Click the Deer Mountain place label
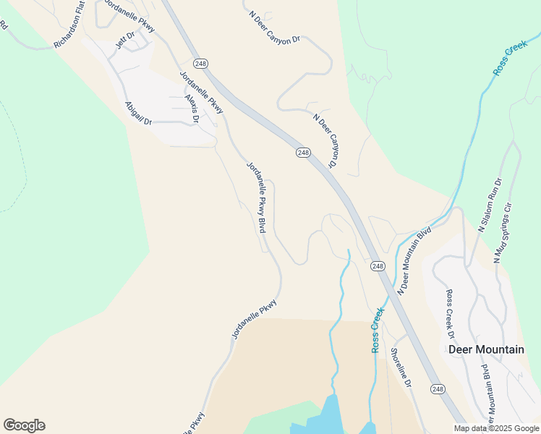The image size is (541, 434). tap(486, 349)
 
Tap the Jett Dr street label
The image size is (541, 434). tap(125, 40)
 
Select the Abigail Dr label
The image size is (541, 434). tap(137, 113)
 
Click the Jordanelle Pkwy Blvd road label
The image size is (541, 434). tap(257, 196)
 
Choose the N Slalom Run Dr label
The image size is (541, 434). tap(490, 205)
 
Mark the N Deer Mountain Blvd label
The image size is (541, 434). tap(415, 260)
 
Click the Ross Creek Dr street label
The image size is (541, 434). tap(450, 314)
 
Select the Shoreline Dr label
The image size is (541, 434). tap(401, 367)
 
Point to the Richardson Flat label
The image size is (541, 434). tap(69, 25)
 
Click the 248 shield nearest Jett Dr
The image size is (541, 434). tap(201, 64)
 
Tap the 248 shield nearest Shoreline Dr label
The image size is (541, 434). tap(438, 389)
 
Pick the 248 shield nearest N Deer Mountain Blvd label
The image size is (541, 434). tap(378, 266)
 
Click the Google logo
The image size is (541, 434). tap(24, 425)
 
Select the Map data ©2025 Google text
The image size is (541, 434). tap(497, 428)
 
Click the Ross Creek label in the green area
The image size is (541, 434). tap(511, 58)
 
